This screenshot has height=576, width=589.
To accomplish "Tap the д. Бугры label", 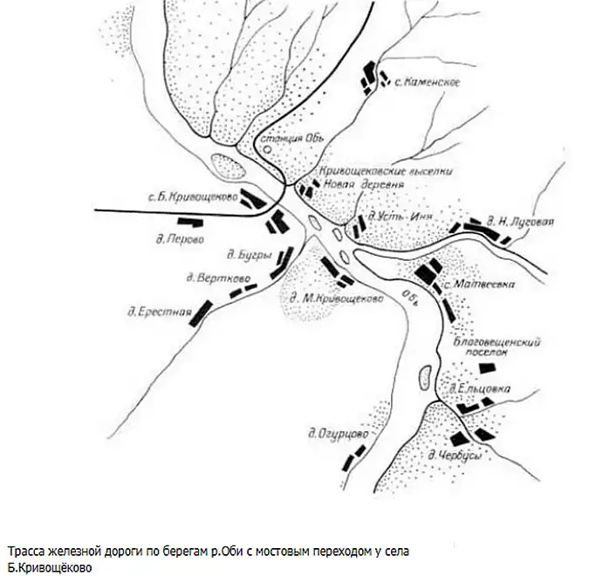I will [241, 255].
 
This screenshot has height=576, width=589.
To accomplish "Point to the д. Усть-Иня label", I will [396, 215].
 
